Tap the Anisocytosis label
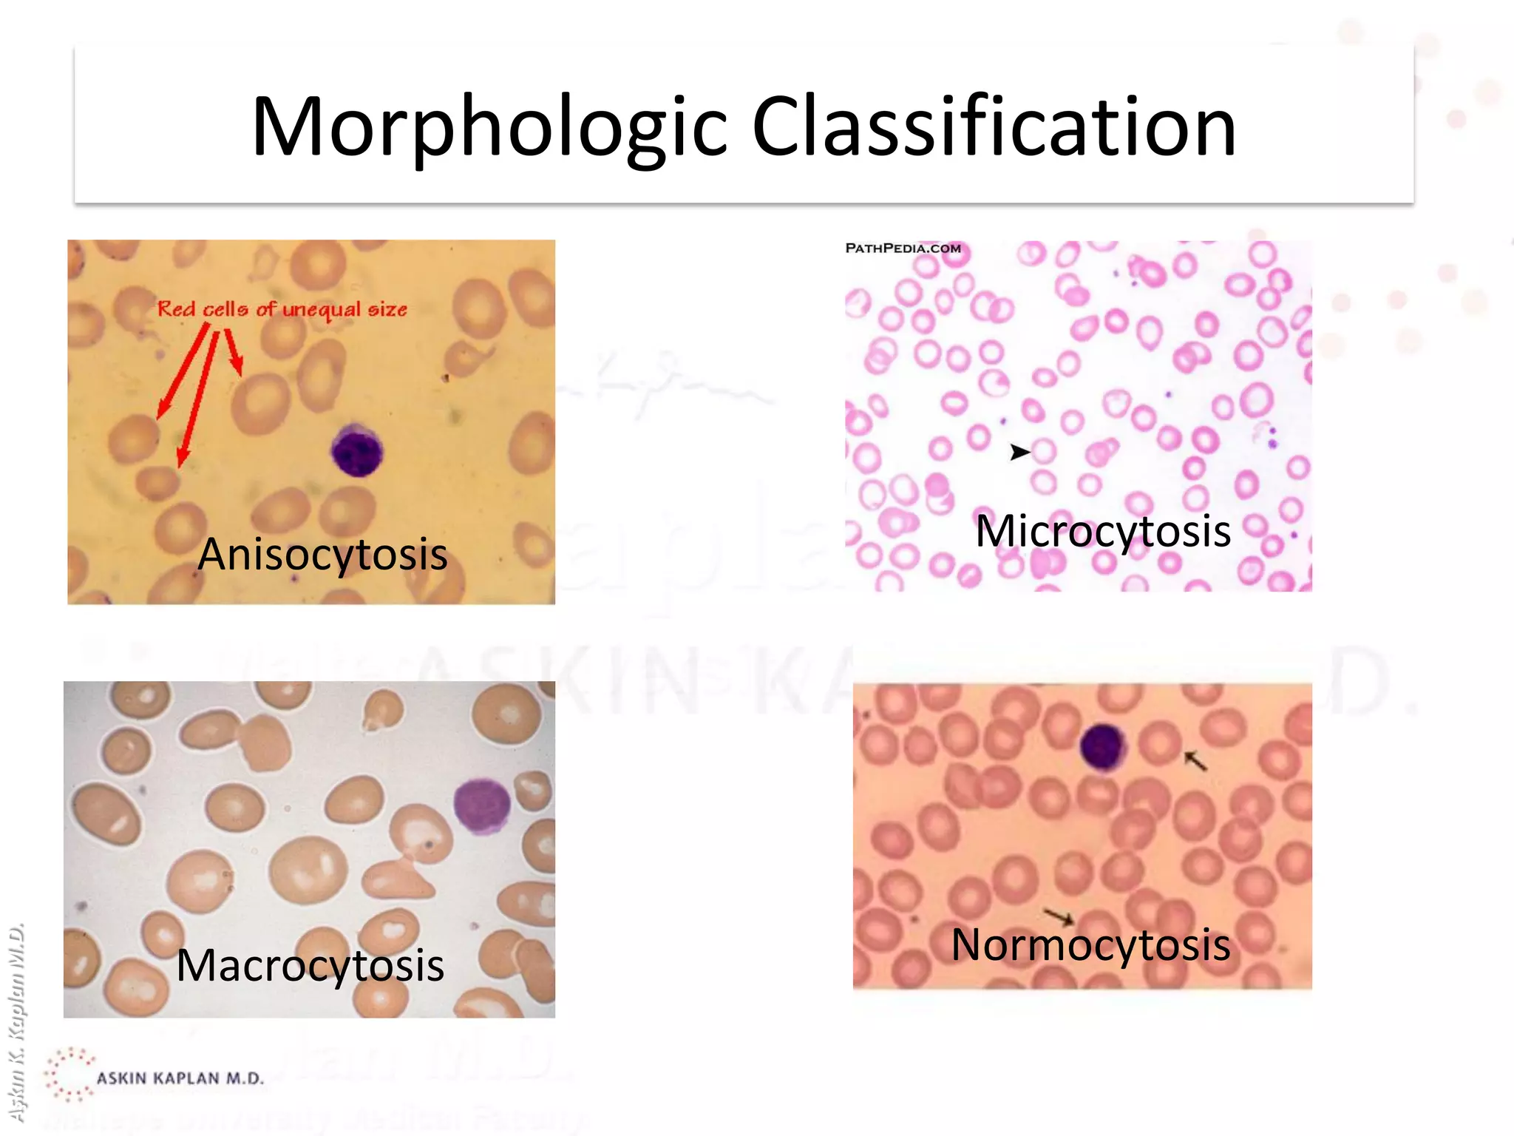322,554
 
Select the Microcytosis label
1102,530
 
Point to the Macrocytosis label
310,964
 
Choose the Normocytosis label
1090,944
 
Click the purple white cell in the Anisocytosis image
357,450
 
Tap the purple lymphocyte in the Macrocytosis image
481,805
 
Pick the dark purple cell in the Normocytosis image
1103,745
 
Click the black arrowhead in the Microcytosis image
1019,451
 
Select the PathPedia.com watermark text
903,248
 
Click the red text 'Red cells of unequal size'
282,309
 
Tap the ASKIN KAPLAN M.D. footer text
180,1078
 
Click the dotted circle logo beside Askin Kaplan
69,1075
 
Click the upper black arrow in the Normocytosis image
1195,760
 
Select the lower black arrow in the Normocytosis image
1059,916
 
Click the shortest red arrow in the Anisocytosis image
234,352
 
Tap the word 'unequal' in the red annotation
321,310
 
